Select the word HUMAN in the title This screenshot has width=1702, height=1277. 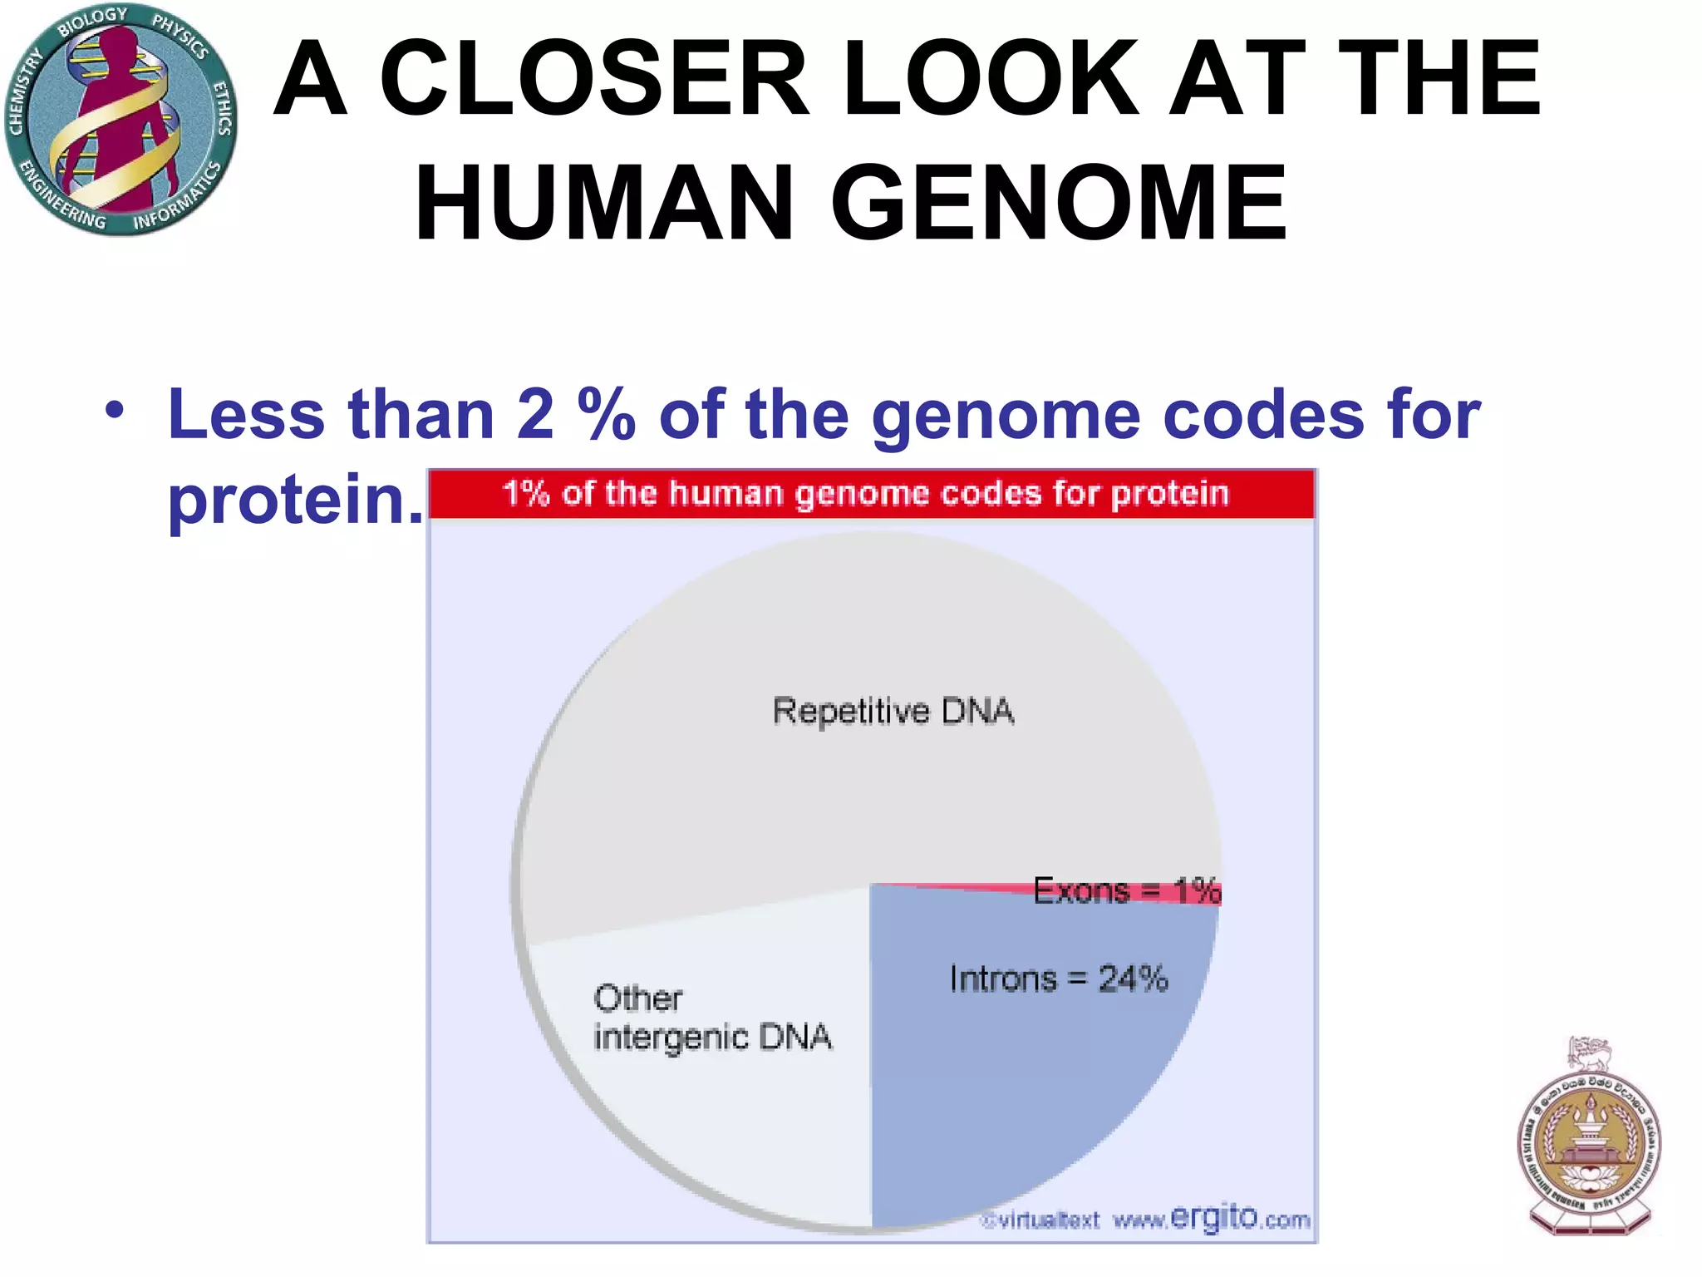(604, 204)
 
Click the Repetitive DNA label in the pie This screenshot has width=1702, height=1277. (893, 712)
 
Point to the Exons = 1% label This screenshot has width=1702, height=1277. (1126, 891)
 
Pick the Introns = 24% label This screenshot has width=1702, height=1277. (1059, 979)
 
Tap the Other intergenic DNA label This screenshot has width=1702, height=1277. (711, 1018)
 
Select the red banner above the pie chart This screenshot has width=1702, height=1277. (871, 494)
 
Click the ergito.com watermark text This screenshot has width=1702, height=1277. (1238, 1219)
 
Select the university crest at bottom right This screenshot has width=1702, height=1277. (1590, 1139)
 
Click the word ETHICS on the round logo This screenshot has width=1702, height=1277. (222, 108)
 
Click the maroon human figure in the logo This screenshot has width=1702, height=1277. (116, 108)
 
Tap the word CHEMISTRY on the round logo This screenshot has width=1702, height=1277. (23, 91)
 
